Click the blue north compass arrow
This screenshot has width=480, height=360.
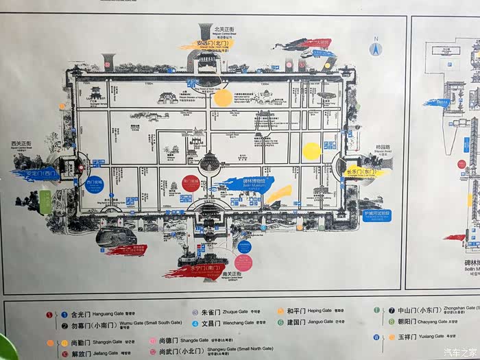375,49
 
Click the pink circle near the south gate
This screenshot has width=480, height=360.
243,263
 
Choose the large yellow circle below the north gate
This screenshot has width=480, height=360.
223,98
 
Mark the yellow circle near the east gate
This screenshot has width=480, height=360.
312,151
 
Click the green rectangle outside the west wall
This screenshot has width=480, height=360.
45,200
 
